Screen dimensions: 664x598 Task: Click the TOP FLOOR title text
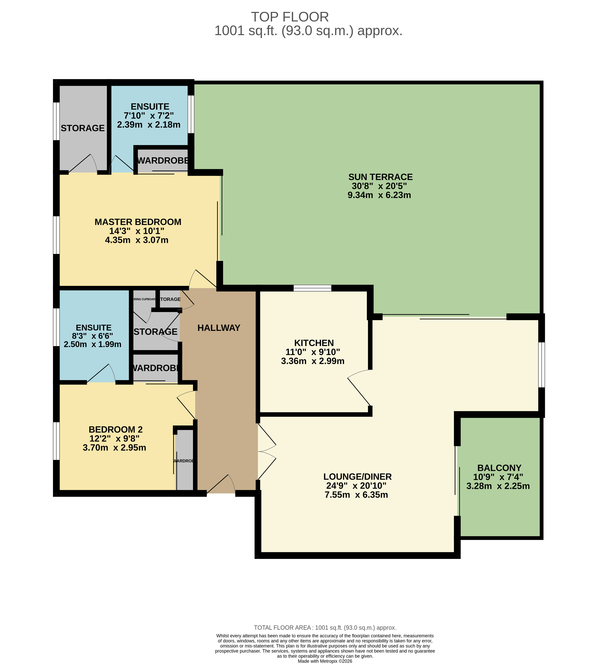290,17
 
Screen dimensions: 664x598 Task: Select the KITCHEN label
314,343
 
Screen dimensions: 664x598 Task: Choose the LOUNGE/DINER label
358,477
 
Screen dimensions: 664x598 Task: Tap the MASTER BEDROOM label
138,222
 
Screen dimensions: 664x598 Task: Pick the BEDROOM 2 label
116,430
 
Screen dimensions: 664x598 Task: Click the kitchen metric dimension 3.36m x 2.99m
313,361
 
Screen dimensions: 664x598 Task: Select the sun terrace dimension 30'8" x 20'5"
379,186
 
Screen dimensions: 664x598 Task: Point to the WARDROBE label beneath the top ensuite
163,161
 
